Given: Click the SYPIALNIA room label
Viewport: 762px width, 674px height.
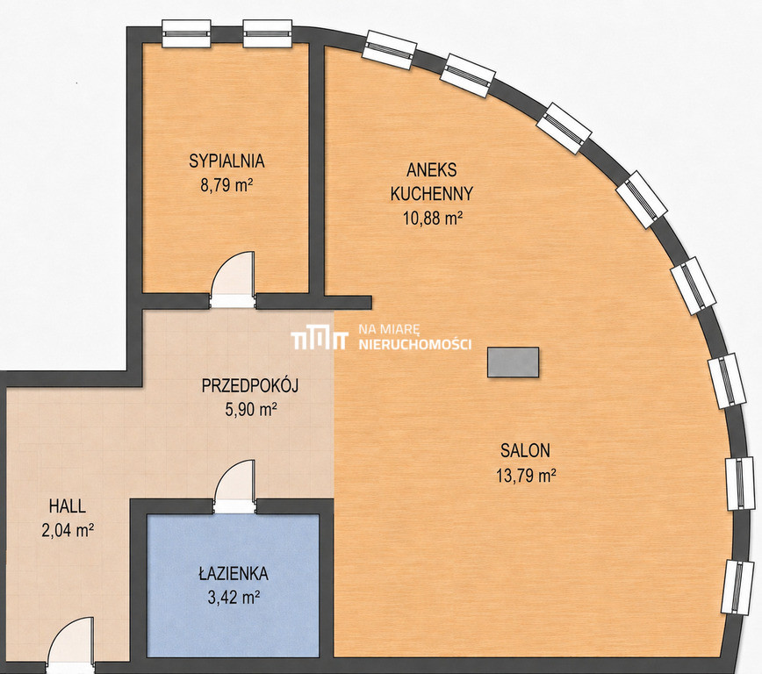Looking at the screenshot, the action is (x=226, y=161).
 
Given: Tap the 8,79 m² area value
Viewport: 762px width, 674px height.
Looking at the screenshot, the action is (x=226, y=185).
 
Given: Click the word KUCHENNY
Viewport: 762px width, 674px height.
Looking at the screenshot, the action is (x=432, y=194).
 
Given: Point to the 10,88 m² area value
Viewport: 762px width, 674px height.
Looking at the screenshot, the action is (x=432, y=218).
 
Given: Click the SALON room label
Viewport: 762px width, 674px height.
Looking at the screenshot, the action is (x=525, y=450).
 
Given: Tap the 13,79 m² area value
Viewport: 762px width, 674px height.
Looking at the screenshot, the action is (x=526, y=475).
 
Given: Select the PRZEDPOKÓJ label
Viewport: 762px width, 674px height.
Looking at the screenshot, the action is (x=250, y=385).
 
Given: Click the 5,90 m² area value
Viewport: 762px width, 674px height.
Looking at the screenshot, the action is (x=251, y=409).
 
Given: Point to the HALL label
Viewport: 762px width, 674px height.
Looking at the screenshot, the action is (x=67, y=506).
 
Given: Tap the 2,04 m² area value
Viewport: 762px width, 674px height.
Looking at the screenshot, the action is (x=68, y=530).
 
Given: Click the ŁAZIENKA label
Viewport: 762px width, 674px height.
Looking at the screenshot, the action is (x=234, y=573).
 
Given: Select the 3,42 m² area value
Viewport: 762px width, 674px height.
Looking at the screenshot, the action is (x=234, y=598).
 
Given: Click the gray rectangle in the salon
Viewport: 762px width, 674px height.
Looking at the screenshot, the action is (x=514, y=362).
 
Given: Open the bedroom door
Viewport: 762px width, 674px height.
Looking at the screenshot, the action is (x=233, y=279).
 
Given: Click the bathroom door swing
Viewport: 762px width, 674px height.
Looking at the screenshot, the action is (x=234, y=486).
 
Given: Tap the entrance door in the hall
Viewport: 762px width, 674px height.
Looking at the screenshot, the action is (x=70, y=645).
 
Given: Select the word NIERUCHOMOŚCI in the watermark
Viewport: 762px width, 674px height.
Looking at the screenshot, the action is (x=414, y=345).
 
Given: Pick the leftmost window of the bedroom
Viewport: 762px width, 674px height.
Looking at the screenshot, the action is (x=186, y=33).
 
